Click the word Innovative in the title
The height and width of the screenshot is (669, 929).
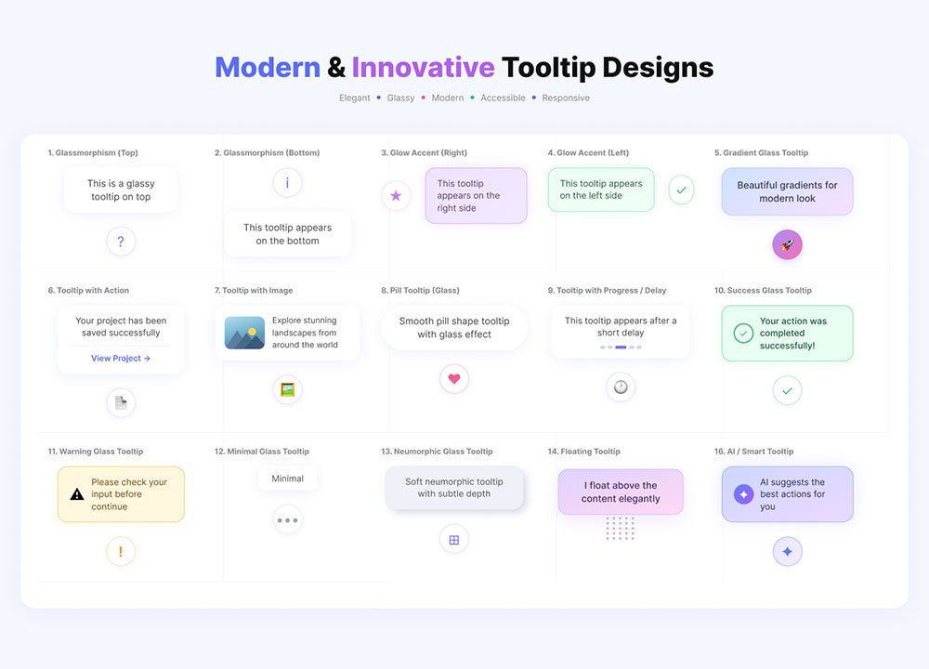[x=423, y=67]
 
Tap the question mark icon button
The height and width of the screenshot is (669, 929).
[x=121, y=242]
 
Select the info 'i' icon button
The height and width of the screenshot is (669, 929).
[x=287, y=182]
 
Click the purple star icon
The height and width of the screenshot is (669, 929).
[x=396, y=195]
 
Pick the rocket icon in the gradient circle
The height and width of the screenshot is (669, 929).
[x=787, y=244]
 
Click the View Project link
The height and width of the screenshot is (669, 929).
[x=121, y=358]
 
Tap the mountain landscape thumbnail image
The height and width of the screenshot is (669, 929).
[x=244, y=333]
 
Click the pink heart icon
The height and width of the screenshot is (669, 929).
[x=454, y=379]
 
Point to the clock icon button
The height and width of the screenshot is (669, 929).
[x=621, y=387]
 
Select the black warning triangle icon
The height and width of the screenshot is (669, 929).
[x=77, y=494]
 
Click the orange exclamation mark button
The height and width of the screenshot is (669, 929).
[x=121, y=552]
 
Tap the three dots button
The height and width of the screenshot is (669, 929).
[x=287, y=520]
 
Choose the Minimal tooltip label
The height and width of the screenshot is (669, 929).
[x=287, y=479]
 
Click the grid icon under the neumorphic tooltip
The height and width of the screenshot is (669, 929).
[x=454, y=540]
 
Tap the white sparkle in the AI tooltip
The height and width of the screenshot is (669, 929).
[x=743, y=494]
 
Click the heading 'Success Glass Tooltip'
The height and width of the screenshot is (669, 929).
[x=769, y=290]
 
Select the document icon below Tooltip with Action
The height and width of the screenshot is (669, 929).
[x=121, y=403]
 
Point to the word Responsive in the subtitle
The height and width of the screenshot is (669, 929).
[x=566, y=98]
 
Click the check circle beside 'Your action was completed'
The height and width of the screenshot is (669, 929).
[x=743, y=333]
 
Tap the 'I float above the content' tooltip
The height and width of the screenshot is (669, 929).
[x=621, y=492]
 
